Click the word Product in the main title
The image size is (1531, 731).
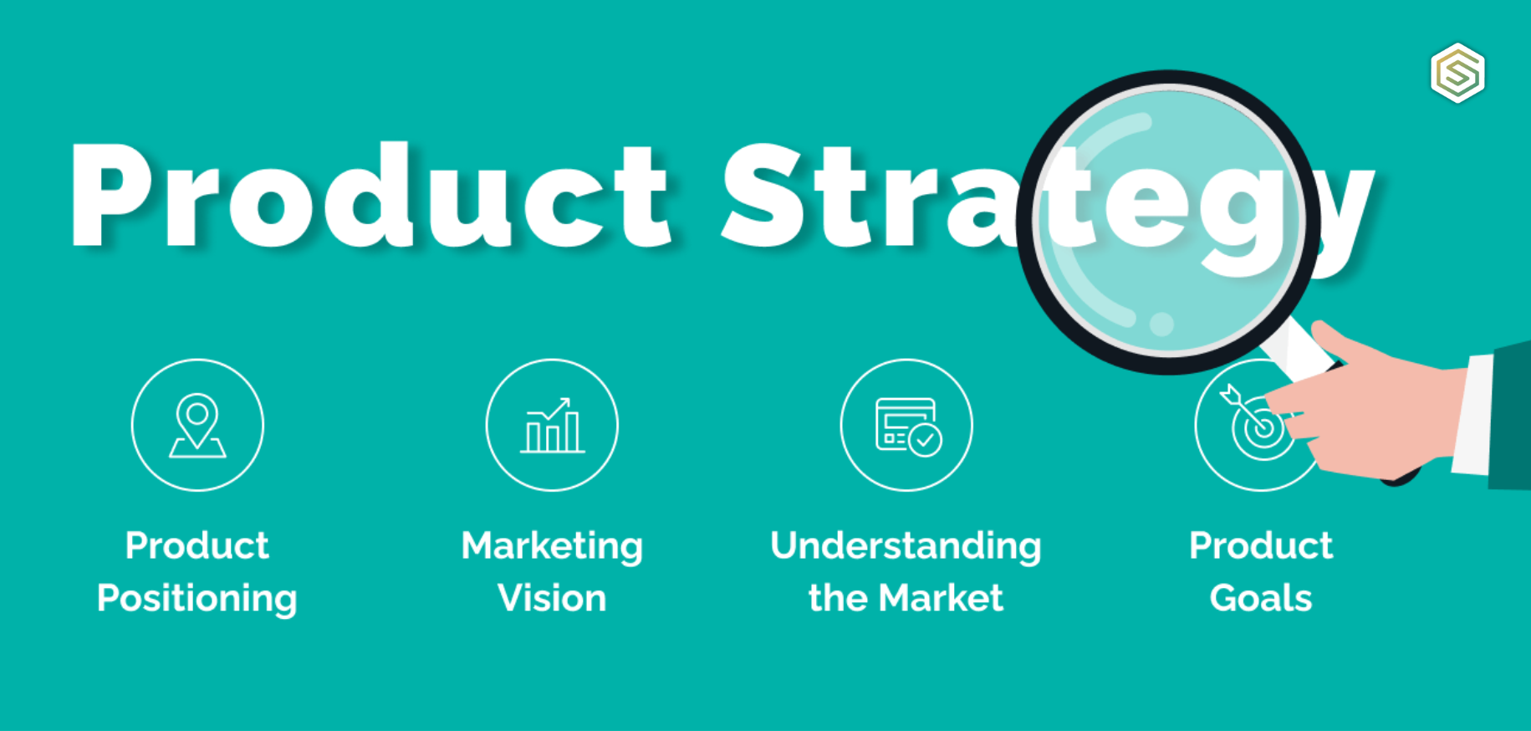pos(368,197)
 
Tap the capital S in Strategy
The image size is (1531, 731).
pos(761,197)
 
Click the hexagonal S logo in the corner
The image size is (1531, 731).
pos(1457,73)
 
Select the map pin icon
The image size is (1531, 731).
pos(197,425)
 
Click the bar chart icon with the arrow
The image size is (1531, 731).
pos(552,425)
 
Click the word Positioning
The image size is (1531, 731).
pos(197,599)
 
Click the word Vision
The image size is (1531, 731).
pos(552,599)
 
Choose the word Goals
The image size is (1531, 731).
pos(1261,599)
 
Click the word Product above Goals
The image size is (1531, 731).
pos(1261,546)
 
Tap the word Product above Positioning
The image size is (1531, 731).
pos(197,546)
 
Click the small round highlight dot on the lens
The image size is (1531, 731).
pos(1161,324)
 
